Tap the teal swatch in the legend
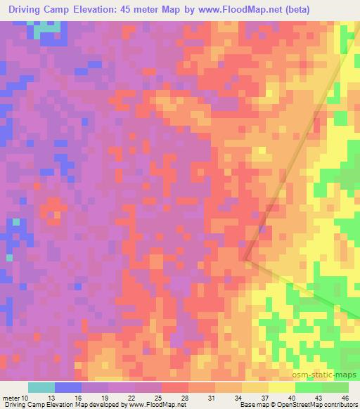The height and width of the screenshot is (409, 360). (x=41, y=387)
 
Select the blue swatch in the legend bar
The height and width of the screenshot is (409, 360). (x=68, y=387)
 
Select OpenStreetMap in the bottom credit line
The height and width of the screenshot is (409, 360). (x=296, y=405)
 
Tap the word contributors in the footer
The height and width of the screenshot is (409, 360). (x=337, y=405)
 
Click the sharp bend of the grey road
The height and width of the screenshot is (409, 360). (x=245, y=259)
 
